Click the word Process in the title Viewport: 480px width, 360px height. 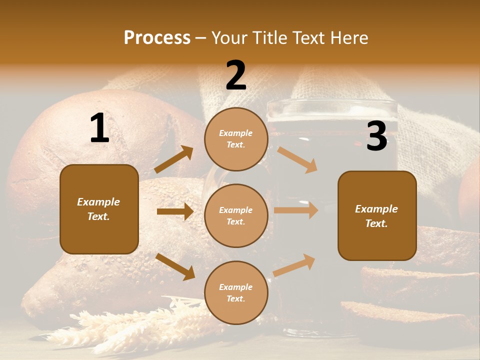click(x=157, y=38)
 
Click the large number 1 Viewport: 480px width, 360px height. click(x=99, y=128)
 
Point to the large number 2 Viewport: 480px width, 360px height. click(x=236, y=75)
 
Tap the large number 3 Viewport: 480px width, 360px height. click(x=377, y=136)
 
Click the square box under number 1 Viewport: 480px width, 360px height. click(x=99, y=209)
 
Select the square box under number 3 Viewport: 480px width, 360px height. click(x=377, y=216)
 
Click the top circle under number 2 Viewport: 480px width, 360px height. click(x=236, y=139)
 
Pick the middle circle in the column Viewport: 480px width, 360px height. click(x=236, y=216)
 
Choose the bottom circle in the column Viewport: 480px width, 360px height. click(x=236, y=293)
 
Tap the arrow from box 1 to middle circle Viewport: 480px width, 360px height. click(x=175, y=211)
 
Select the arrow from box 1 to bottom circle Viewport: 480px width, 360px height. click(x=175, y=266)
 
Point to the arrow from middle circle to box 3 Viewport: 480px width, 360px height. click(x=296, y=210)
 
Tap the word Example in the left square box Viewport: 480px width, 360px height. click(x=98, y=202)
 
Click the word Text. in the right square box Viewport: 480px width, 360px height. click(x=376, y=223)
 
